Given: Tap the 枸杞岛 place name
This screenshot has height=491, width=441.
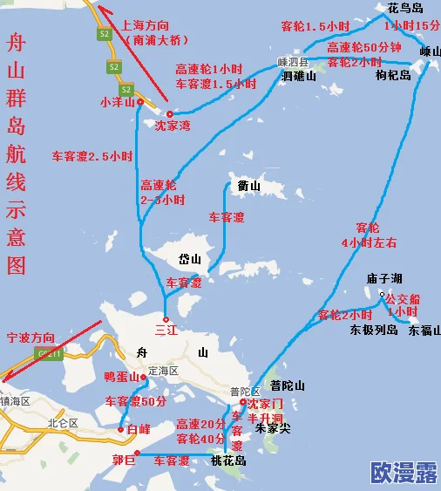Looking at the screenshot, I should pos(393,75).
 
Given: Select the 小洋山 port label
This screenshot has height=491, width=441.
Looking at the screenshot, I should pos(117,102).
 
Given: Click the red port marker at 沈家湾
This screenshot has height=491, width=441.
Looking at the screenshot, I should pos(170,114).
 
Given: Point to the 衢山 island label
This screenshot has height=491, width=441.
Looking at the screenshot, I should pos(249,186).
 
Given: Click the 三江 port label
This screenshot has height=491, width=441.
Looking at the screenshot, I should pos(165,331).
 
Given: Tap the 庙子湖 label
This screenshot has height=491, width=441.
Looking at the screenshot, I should pos(383,278).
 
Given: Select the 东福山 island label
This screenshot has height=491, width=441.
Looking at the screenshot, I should pos(424,331).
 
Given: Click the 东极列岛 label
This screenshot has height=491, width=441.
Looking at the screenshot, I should pos(374,331).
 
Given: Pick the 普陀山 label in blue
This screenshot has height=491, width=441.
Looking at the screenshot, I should pos(287,385).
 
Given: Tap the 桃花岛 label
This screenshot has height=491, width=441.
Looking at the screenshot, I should pos(227,460).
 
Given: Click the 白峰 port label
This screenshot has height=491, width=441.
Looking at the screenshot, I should pos(138,430).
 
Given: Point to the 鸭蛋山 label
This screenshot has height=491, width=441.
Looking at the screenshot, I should pos(121,377).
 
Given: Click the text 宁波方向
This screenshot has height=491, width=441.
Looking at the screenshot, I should pos(30,337).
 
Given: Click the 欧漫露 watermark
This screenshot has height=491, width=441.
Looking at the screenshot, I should pos(404,474).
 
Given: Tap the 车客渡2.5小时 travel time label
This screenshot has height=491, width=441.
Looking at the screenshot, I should pos(92,157).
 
